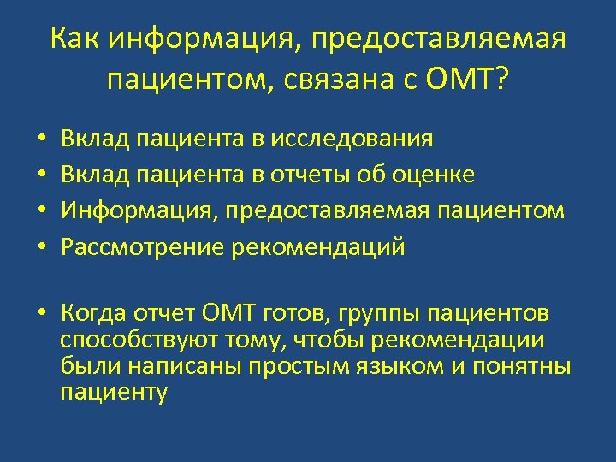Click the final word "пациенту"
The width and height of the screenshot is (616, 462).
[114, 393]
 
